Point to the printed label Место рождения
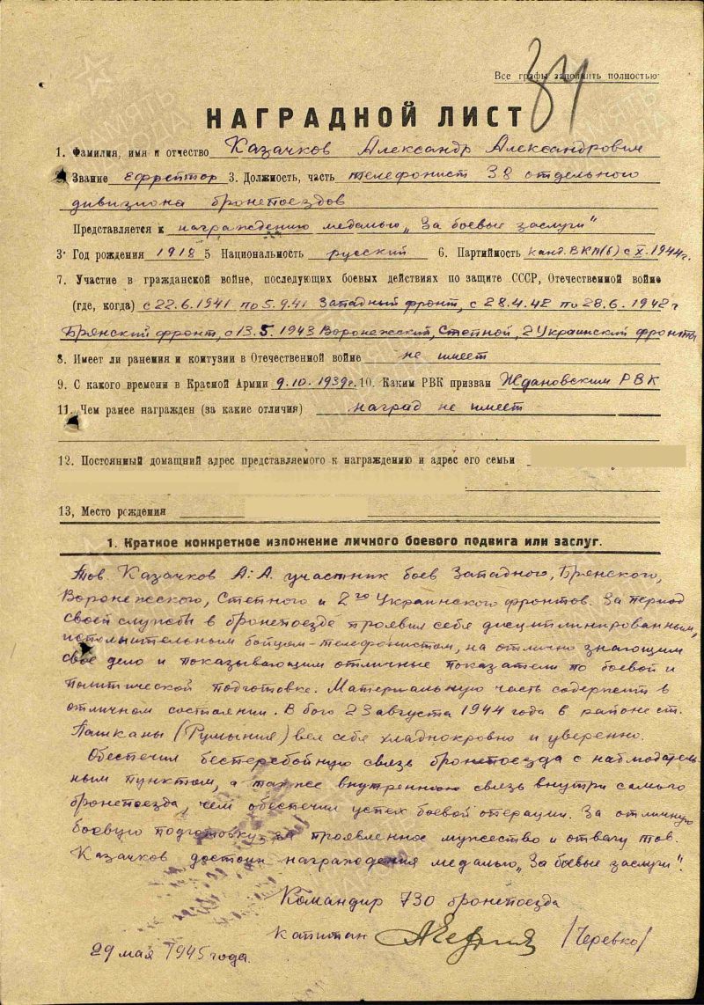pyautogui.click(x=122, y=510)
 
